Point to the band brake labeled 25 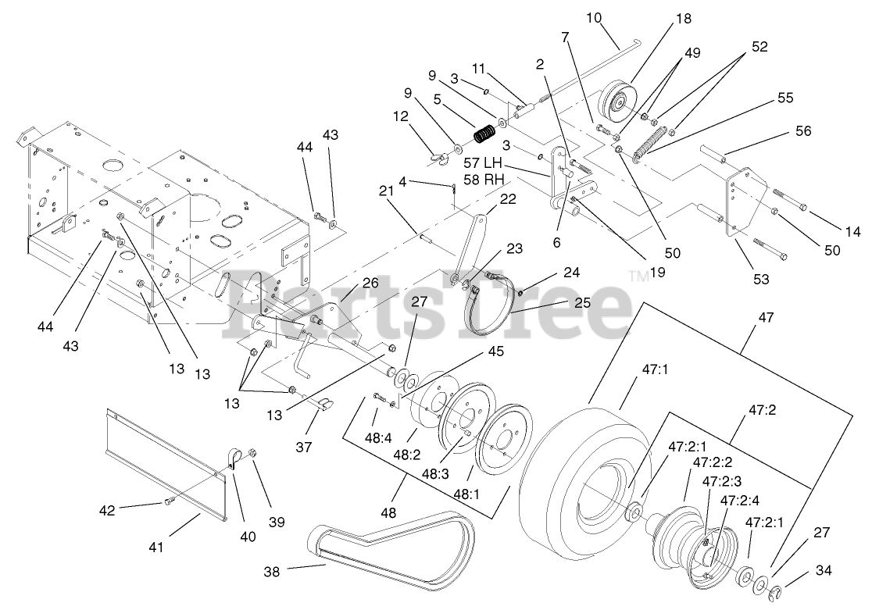492,309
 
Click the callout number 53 760,279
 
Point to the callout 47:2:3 721,481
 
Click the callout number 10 595,17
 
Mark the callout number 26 370,283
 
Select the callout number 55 784,98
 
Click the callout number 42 106,510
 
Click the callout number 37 302,447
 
